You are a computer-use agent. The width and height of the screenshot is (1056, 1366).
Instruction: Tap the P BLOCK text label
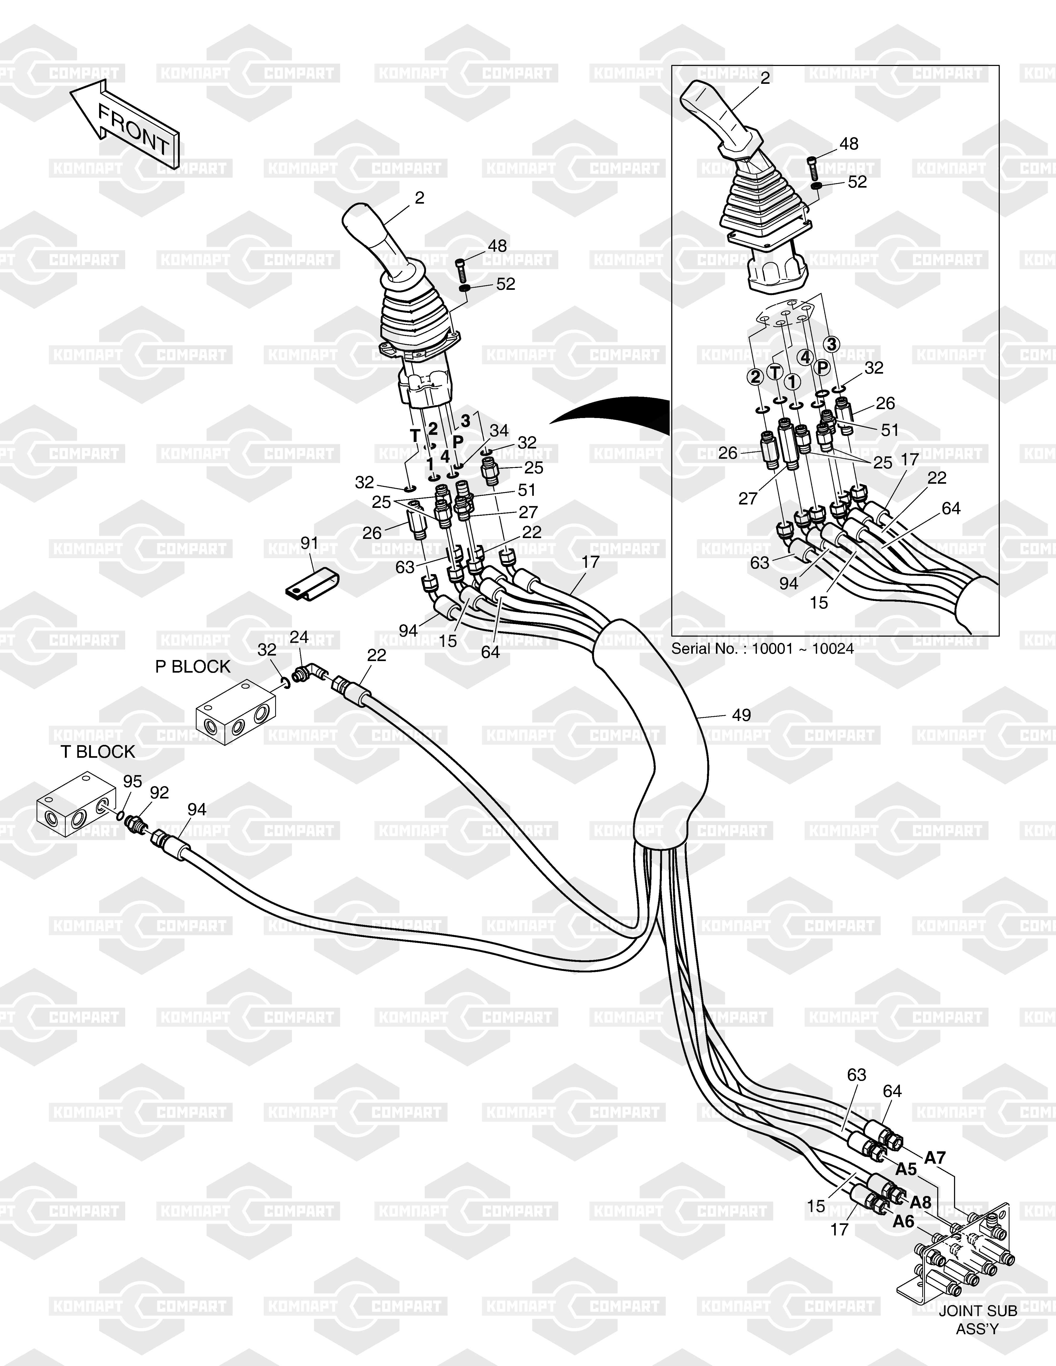tap(193, 667)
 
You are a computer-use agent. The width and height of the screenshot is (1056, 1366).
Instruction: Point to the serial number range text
tap(763, 648)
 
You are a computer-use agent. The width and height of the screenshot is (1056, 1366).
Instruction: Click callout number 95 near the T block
tap(132, 781)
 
